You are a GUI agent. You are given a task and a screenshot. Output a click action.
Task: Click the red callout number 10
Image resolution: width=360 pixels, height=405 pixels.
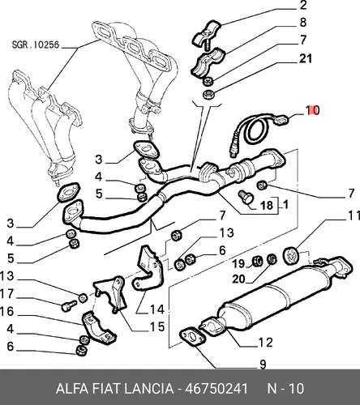pos(313,110)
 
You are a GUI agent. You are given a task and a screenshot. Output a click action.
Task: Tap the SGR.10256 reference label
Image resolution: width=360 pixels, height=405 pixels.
pos(36,45)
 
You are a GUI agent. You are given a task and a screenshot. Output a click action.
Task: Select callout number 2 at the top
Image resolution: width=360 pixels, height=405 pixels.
pos(303,6)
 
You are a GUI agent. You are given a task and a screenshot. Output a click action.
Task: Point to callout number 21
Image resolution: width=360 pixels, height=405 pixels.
pos(306,58)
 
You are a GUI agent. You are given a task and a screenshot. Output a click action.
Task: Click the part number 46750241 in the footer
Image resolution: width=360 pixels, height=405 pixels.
pos(216,389)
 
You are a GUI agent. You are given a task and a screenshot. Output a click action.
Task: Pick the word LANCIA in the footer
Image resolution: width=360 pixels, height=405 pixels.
pos(148,389)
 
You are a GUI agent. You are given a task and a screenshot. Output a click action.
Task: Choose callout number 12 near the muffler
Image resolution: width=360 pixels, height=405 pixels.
pos(266,343)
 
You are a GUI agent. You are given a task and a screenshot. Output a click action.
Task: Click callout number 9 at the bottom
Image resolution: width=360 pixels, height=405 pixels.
pos(263,364)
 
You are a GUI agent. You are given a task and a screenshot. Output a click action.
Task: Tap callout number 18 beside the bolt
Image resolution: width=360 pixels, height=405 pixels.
pos(267,206)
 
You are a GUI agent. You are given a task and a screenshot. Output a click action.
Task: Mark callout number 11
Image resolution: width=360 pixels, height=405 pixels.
pos(354,215)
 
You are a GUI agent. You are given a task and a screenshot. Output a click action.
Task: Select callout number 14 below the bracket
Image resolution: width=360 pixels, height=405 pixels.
pos(157,309)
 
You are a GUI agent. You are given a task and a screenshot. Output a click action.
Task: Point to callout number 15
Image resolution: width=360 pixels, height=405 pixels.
pos(157,327)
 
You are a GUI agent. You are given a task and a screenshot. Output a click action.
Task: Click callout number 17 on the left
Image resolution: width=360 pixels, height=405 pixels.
pos(6,294)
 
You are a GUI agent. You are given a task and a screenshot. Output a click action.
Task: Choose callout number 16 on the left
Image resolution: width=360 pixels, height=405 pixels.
pos(6,311)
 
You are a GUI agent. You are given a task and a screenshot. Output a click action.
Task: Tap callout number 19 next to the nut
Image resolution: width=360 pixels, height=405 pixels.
pos(238,264)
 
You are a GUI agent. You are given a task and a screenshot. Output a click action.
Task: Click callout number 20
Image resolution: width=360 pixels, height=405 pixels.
pos(238,279)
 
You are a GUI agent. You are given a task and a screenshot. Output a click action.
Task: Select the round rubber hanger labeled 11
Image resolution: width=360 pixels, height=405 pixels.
pos(290,256)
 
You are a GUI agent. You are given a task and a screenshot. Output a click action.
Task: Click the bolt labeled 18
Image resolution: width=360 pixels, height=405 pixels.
pos(246,198)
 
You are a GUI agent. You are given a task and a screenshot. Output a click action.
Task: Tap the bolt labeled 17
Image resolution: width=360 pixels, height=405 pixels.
pos(69,305)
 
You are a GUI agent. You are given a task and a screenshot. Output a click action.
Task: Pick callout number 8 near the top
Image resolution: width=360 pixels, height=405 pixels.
pos(303,23)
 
